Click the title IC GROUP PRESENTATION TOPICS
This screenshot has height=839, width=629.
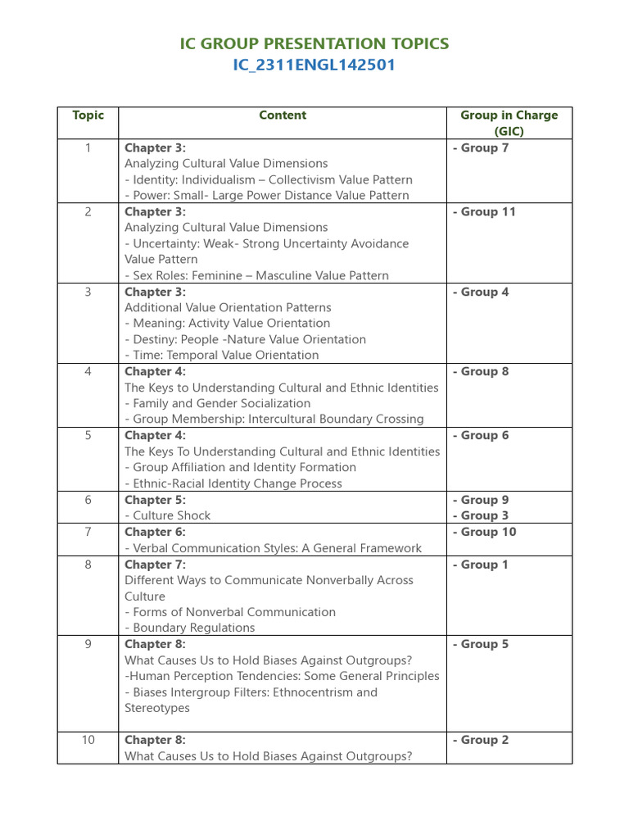(x=314, y=43)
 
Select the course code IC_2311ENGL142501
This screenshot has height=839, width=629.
(x=314, y=65)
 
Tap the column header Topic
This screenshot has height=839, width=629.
(x=88, y=116)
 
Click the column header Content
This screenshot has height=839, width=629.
(x=283, y=116)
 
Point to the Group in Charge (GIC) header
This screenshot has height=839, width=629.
(x=509, y=123)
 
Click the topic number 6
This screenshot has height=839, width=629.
(x=88, y=500)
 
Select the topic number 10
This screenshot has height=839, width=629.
(x=88, y=740)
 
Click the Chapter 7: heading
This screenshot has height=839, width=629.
(x=155, y=565)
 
